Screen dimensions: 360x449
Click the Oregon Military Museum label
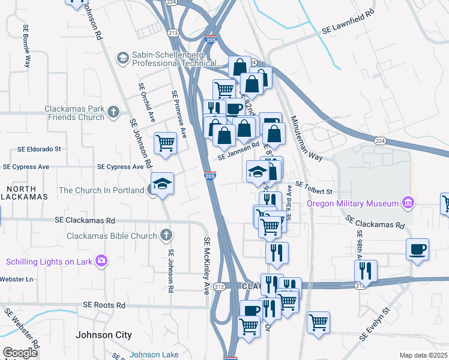point(354,203)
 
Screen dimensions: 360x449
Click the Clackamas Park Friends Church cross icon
point(113,111)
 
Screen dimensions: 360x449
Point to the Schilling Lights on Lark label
point(47,262)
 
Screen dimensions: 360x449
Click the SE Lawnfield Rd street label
point(348,28)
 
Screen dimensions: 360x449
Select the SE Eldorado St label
point(40,148)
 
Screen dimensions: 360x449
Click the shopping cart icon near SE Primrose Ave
point(165,143)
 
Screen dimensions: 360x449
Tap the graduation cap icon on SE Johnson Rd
point(161,183)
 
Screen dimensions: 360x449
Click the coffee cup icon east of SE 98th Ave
point(417,248)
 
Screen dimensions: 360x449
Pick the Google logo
point(20,353)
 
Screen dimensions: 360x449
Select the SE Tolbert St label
point(313,191)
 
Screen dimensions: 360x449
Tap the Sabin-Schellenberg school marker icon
point(123,58)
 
